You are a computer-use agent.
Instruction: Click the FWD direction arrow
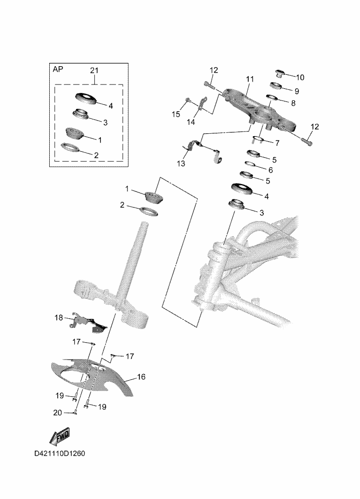pyautogui.click(x=59, y=438)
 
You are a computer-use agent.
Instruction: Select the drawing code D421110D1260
pyautogui.click(x=59, y=454)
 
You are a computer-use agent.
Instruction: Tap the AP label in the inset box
pyautogui.click(x=58, y=69)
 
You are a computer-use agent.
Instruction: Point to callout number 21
pyautogui.click(x=94, y=70)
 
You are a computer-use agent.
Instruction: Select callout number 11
pyautogui.click(x=249, y=78)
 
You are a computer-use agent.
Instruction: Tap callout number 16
pyautogui.click(x=141, y=377)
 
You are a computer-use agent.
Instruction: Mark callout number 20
pyautogui.click(x=58, y=413)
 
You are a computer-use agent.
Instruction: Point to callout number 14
pyautogui.click(x=190, y=122)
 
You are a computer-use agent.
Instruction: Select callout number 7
pyautogui.click(x=277, y=143)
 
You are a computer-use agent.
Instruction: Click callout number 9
pyautogui.click(x=297, y=90)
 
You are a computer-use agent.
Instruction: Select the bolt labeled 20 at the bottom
pyautogui.click(x=76, y=413)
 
